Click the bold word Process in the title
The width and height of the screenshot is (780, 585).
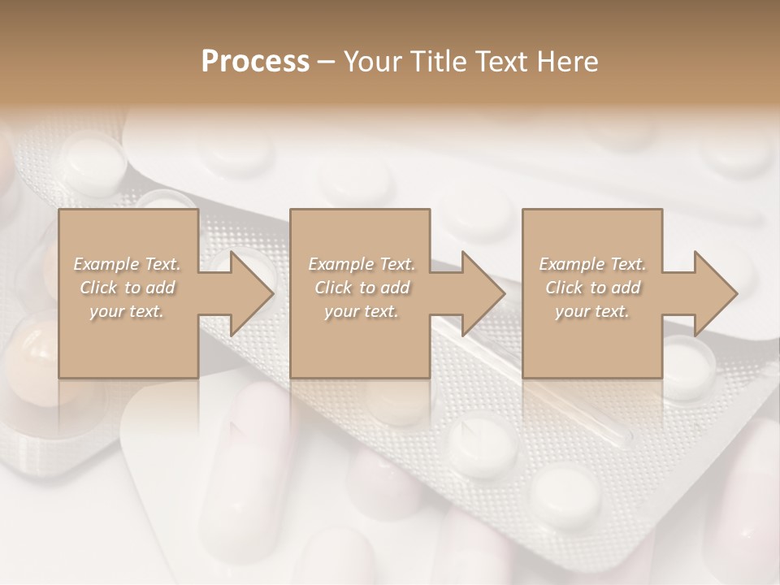pos(255,62)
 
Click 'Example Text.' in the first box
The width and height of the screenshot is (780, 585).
pos(128,264)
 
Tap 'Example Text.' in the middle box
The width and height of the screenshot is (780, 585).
pos(361,264)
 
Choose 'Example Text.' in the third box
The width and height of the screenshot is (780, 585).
pos(592,264)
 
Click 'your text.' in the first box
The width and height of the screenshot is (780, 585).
pos(127,311)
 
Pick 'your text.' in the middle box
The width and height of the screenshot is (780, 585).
pos(361,311)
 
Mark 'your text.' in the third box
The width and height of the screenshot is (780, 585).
pos(592,311)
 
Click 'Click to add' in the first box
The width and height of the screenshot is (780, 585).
pos(128,288)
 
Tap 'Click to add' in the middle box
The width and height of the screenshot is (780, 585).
pos(361,288)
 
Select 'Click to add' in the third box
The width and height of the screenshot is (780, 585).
pos(592,288)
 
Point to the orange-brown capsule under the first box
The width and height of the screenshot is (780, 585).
pos(37,357)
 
